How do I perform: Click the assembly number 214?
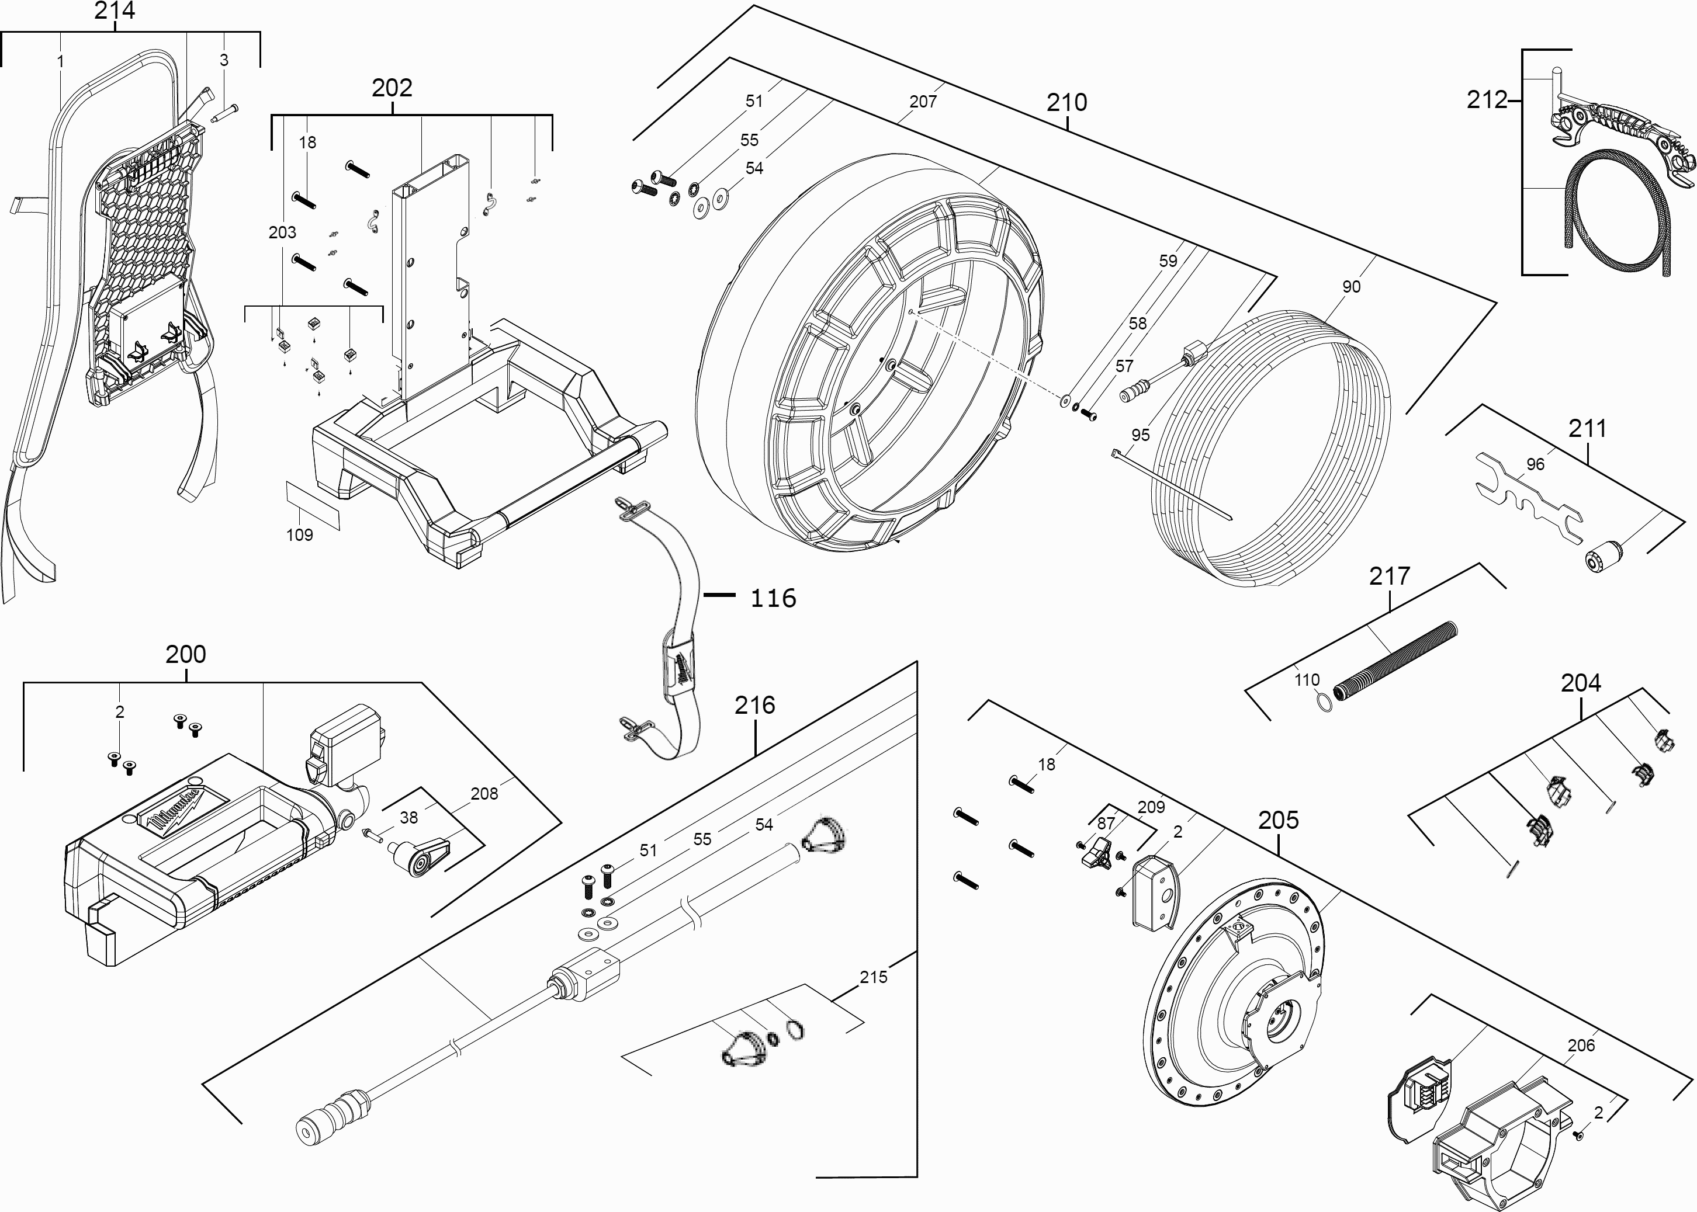114,11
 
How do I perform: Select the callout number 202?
392,88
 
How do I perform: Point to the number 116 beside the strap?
773,599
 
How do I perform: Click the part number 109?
299,535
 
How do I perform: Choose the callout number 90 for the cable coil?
1350,287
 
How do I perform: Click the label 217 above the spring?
1390,576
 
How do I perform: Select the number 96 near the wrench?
1535,464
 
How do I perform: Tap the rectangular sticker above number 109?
313,505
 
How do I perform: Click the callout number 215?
873,978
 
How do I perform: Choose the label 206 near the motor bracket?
1581,1046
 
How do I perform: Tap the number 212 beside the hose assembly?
1487,100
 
